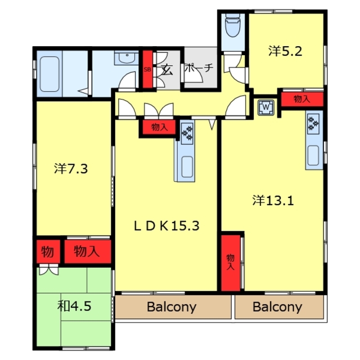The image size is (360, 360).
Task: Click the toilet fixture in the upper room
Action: [x=232, y=25]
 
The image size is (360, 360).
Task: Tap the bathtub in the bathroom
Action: [x=49, y=74]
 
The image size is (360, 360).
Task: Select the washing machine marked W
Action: [x=266, y=107]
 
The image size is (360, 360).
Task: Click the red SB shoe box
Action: [x=147, y=69]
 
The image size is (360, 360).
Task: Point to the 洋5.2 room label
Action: [x=285, y=51]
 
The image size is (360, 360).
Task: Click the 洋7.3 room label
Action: [x=71, y=169]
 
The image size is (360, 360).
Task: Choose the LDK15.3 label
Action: [x=166, y=226]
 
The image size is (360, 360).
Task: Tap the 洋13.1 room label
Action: [x=273, y=200]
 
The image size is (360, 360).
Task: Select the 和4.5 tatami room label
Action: [x=74, y=306]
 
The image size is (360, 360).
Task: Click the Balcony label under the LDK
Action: [x=172, y=307]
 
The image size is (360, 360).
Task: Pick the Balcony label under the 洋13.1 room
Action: [x=277, y=307]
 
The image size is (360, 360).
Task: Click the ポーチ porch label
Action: [x=199, y=67]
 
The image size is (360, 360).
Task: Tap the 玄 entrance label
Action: [x=167, y=70]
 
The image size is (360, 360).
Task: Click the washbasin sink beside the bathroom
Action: [x=127, y=57]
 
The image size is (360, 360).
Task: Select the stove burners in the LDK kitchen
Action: [x=187, y=133]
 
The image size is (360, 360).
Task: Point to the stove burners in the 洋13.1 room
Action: [x=313, y=123]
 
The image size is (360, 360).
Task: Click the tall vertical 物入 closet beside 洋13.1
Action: [x=231, y=263]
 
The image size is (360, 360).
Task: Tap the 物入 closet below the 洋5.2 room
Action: [x=302, y=99]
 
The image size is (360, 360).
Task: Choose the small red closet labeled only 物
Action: [x=48, y=251]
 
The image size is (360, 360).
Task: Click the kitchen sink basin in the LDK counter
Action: [x=187, y=167]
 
